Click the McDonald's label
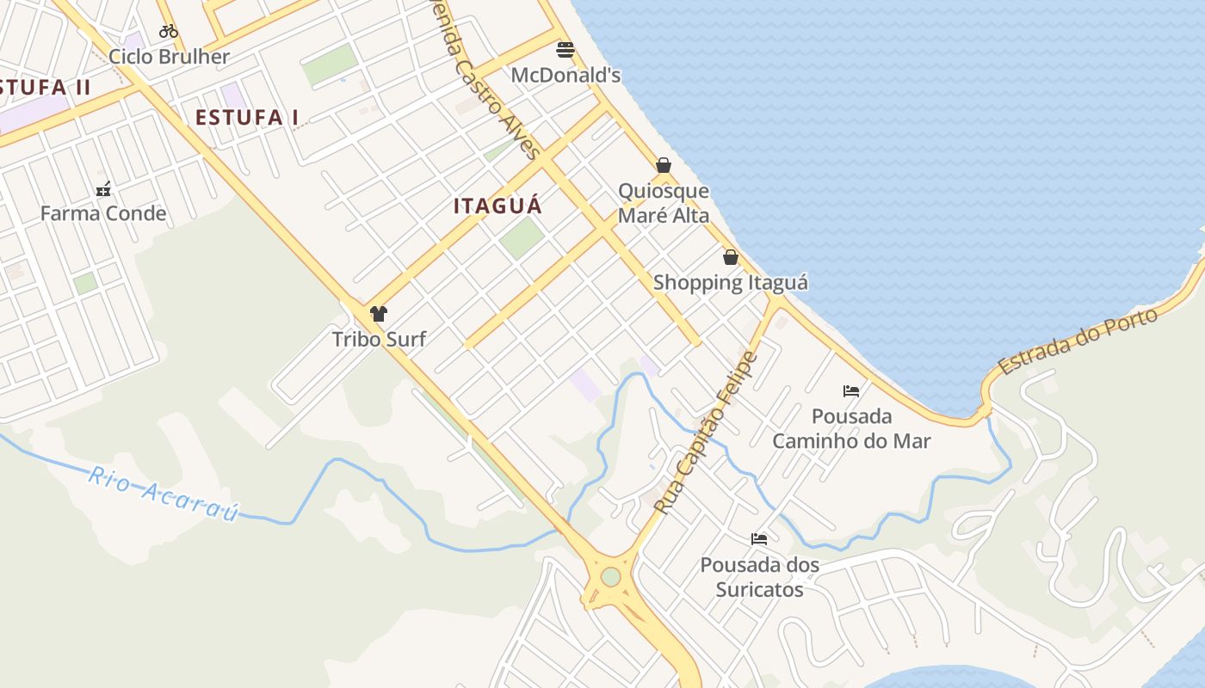click(565, 76)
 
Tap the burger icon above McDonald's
click(565, 50)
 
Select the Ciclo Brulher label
click(169, 57)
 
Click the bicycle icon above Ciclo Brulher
click(169, 32)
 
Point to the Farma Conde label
click(103, 213)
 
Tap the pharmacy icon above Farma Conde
click(103, 189)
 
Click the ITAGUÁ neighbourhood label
click(497, 206)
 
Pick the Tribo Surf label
click(379, 339)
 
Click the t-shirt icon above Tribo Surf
click(379, 314)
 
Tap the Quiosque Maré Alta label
click(664, 203)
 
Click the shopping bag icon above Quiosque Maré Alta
click(664, 165)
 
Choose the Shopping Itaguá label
click(731, 282)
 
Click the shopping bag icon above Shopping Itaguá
click(731, 257)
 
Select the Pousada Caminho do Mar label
click(851, 428)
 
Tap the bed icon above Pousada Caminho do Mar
click(851, 391)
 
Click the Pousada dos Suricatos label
click(759, 577)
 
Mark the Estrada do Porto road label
click(1078, 341)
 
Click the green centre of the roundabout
click(610, 576)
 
